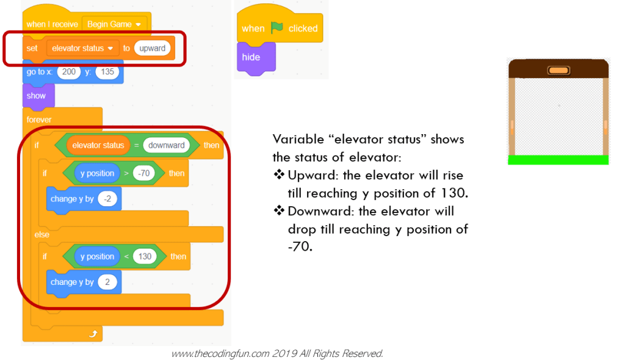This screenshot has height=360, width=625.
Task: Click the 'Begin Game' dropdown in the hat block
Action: click(x=114, y=24)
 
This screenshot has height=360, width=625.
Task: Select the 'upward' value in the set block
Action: click(x=152, y=48)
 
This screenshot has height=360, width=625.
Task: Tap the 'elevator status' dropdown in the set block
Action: click(x=82, y=48)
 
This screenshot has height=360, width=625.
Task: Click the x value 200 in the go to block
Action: click(x=69, y=71)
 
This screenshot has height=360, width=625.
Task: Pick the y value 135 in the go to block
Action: click(x=107, y=71)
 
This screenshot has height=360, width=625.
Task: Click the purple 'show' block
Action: click(x=36, y=96)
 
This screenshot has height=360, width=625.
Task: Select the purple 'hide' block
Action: click(x=251, y=57)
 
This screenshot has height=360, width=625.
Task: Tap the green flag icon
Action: click(x=277, y=28)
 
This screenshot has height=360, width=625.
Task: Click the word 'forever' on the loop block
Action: click(x=39, y=120)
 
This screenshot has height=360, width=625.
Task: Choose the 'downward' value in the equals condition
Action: click(x=166, y=145)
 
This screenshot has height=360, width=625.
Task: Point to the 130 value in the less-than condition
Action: click(x=145, y=256)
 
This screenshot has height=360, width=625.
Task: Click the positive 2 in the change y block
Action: click(x=107, y=282)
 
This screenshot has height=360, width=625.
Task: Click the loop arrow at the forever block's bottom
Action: click(x=93, y=334)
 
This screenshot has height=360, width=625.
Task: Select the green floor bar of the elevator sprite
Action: click(x=558, y=160)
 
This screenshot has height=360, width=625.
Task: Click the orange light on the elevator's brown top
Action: click(x=558, y=70)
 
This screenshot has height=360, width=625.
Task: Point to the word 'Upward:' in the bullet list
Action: click(x=311, y=176)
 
